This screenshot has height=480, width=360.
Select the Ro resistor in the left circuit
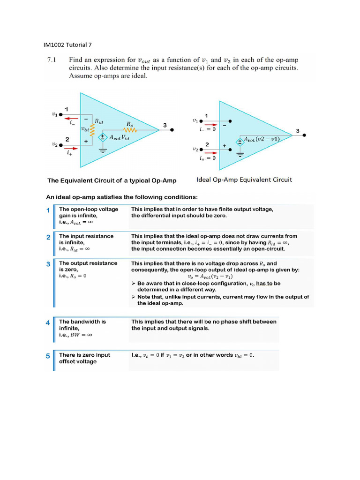click(x=129, y=130)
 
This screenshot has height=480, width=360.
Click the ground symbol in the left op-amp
click(x=102, y=150)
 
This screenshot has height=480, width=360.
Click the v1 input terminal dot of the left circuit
click(x=60, y=114)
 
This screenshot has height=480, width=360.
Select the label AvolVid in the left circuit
click(x=121, y=138)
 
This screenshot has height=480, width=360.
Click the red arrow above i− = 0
click(x=210, y=125)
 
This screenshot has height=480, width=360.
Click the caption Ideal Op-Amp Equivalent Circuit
click(x=243, y=180)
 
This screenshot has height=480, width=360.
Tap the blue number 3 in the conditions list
click(x=48, y=264)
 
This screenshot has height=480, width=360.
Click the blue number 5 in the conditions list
click(x=48, y=356)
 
